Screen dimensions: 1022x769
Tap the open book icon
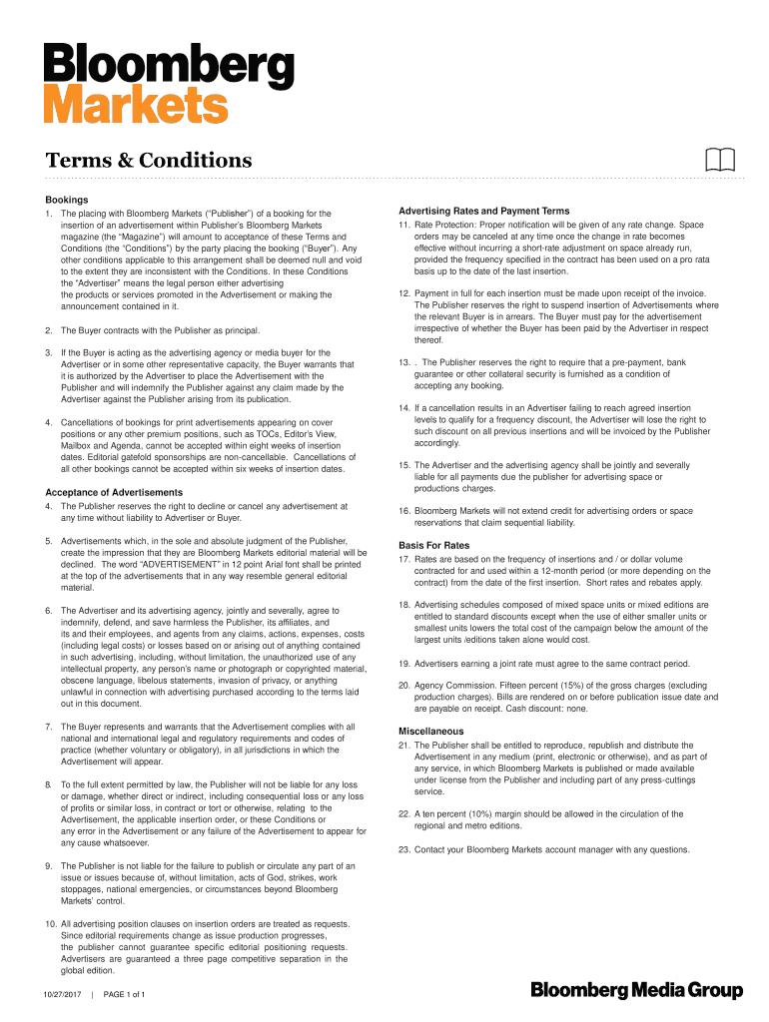point(719,160)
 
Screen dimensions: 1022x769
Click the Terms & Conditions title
point(149,161)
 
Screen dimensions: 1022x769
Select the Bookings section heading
point(67,201)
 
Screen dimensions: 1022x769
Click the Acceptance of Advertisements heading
point(114,493)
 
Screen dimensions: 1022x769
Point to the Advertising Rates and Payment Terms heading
point(484,212)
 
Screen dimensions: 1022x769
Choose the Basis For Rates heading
point(434,546)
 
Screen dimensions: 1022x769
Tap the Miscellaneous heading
point(431,732)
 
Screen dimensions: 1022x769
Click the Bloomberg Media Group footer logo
point(637,990)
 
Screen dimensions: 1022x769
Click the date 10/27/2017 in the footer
point(62,995)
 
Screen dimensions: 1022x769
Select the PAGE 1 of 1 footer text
point(125,995)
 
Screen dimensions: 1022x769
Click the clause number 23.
point(404,849)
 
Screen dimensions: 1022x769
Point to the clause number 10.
point(51,925)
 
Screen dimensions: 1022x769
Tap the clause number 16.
point(404,511)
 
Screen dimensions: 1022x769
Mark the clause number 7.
point(49,727)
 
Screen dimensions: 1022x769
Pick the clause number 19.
point(404,664)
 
